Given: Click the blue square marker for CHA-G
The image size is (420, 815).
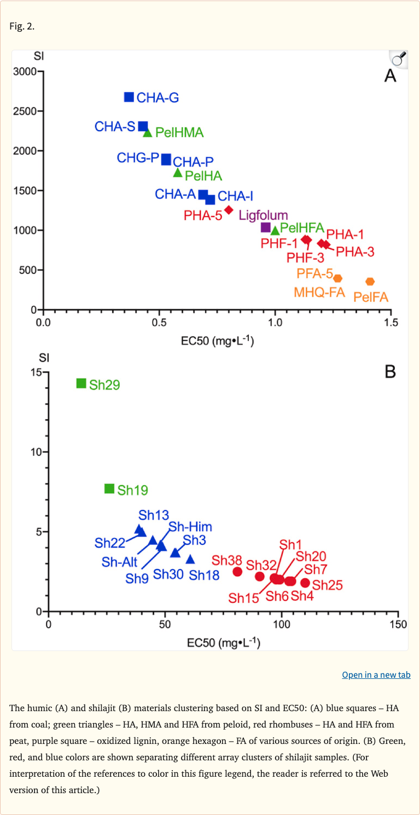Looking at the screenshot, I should [x=129, y=97].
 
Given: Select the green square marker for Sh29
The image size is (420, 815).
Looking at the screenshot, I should [x=81, y=383].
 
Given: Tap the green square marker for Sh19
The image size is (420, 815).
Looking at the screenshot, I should [x=109, y=489].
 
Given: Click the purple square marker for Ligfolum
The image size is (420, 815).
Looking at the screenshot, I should [x=266, y=227].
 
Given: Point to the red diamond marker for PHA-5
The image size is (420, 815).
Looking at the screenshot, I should [x=229, y=210].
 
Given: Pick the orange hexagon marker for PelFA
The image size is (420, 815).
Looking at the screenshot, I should [x=370, y=282].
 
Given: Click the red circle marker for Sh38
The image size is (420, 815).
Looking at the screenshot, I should [x=237, y=571].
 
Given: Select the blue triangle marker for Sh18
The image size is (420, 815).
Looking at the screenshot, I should [x=190, y=559].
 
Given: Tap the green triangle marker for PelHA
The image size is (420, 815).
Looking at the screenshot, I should [x=178, y=173].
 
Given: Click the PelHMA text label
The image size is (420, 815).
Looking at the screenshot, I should [x=179, y=132].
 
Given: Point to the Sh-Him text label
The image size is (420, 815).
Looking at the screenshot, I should [x=190, y=527].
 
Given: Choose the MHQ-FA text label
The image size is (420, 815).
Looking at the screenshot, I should [x=319, y=292].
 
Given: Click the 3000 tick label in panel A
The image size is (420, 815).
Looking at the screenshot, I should [x=25, y=71].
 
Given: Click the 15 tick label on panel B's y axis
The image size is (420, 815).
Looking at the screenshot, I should [x=37, y=372].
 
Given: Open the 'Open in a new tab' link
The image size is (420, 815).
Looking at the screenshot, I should [x=376, y=675].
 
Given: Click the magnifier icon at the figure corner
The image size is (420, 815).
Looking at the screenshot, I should [x=399, y=58].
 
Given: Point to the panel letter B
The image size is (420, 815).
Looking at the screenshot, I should [x=390, y=372].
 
